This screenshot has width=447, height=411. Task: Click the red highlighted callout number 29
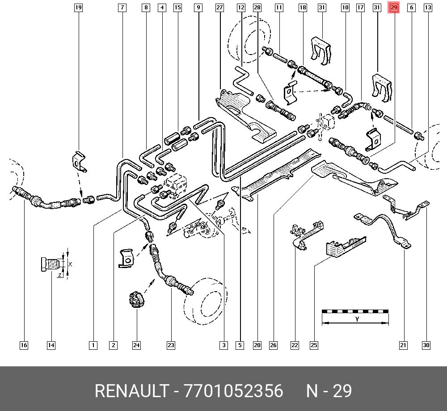[x=394, y=8]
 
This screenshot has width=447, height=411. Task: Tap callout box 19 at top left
[x=78, y=8]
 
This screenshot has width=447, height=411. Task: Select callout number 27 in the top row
[x=219, y=8]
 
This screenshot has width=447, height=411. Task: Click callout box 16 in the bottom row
[x=24, y=345]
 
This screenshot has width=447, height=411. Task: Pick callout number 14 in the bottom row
[x=51, y=345]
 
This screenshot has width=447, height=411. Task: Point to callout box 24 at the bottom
[x=136, y=345]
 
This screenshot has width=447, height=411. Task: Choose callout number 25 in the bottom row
[x=314, y=345]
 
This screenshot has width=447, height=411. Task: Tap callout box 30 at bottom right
[x=426, y=345]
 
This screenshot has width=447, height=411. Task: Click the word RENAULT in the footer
[x=132, y=391]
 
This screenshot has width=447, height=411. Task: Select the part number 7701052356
[x=233, y=391]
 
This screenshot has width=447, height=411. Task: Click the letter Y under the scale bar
[x=357, y=319]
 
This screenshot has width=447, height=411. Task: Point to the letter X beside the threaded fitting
[x=70, y=264]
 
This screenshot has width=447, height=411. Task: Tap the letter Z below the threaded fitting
[x=59, y=275]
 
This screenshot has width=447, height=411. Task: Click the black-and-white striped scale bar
[x=355, y=311]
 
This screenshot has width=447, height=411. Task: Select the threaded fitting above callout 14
[x=51, y=264]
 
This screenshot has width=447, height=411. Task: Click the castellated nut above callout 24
[x=136, y=300]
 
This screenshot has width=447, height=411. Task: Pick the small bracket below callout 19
[x=79, y=161]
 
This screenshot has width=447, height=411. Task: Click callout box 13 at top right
[x=428, y=8]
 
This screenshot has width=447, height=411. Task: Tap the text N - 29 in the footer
[x=329, y=391]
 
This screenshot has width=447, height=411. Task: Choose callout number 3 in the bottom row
[x=224, y=345]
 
